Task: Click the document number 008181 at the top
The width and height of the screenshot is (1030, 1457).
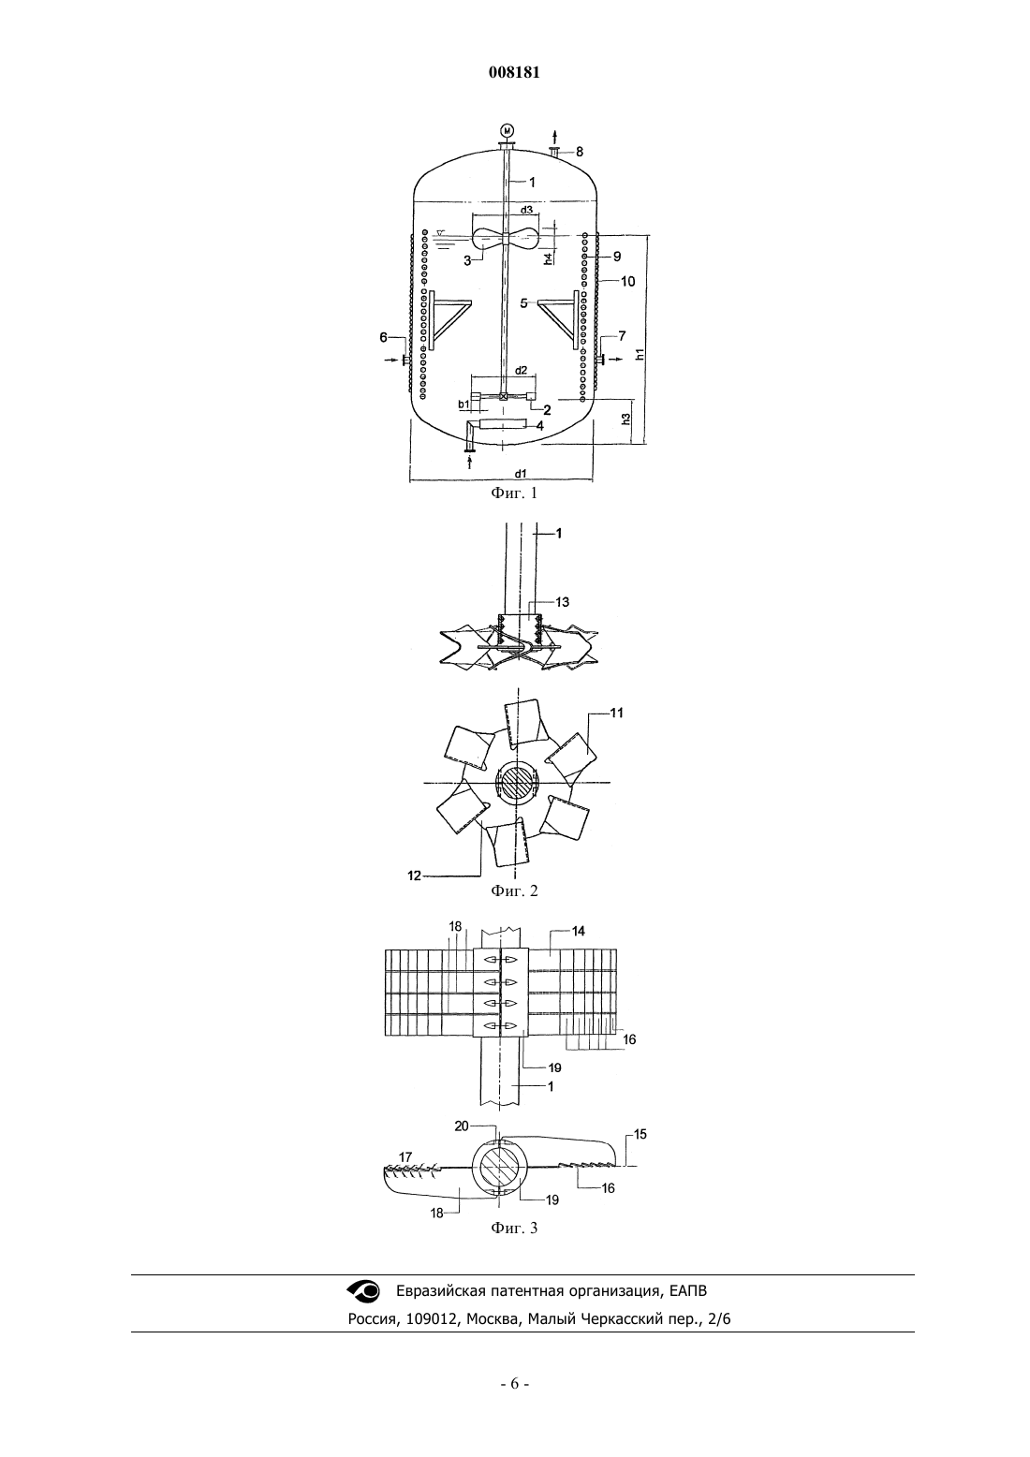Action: [x=514, y=72]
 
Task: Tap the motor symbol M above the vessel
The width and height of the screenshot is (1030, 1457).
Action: [x=508, y=129]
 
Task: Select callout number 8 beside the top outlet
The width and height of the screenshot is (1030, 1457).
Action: [x=580, y=153]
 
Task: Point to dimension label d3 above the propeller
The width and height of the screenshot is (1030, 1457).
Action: [x=526, y=210]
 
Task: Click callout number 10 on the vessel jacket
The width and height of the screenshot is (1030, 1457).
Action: [x=627, y=281]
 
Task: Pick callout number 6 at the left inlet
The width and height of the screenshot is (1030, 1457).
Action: [x=384, y=337]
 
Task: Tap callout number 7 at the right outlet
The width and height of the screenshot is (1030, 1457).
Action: [x=623, y=335]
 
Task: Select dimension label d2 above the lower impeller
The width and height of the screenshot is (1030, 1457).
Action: [x=521, y=370]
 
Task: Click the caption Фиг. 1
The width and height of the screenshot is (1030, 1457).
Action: [x=514, y=493]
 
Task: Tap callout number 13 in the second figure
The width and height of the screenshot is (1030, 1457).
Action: [x=562, y=602]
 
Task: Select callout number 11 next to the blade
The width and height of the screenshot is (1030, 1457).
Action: [x=616, y=713]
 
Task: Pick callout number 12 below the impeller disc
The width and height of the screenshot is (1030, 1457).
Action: [x=414, y=876]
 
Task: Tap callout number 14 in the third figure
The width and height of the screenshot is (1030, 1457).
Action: [x=578, y=931]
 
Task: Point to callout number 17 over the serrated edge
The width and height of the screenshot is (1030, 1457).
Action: [x=405, y=1157]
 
